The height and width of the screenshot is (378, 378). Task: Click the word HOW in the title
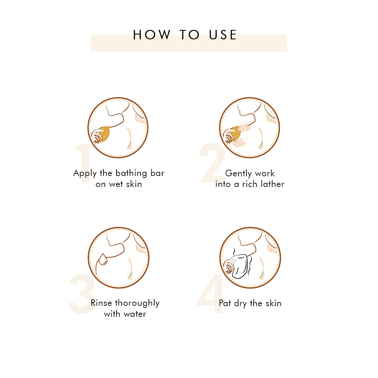[152, 35]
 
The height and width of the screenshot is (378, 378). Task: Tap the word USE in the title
[223, 35]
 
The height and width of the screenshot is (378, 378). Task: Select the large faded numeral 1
[83, 163]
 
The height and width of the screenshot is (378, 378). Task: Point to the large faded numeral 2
[212, 163]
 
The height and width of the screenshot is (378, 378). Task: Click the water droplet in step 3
[103, 259]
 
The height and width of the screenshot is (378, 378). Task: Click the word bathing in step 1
[131, 174]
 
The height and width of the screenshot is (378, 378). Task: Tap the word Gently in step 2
[238, 174]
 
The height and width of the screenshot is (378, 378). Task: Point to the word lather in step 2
[272, 184]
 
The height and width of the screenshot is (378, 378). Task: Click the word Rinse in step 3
[101, 303]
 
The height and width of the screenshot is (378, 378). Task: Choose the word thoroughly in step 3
[137, 303]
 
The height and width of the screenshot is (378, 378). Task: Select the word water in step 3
[135, 314]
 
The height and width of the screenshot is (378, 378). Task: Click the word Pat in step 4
[225, 303]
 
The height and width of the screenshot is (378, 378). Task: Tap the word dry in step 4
[240, 303]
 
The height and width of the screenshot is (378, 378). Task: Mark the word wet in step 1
[116, 185]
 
